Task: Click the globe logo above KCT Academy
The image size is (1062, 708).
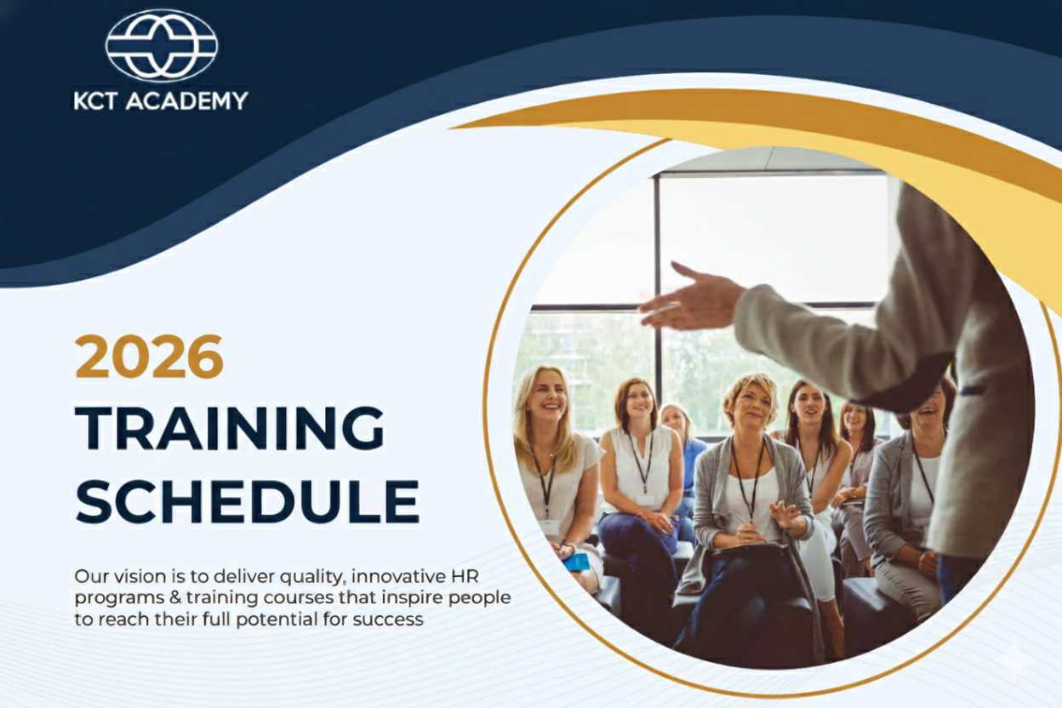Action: [x=162, y=45]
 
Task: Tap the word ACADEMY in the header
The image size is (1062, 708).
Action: [x=187, y=100]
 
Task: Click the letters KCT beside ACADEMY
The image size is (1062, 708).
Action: [x=95, y=101]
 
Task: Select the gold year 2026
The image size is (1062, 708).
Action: [x=149, y=357]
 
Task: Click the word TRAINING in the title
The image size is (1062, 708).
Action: [x=230, y=427]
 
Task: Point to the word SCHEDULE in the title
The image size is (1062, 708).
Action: [x=248, y=500]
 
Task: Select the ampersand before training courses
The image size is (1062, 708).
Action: [x=175, y=597]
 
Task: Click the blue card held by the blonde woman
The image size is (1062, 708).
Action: [x=576, y=562]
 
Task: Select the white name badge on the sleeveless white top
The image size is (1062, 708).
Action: [x=645, y=500]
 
